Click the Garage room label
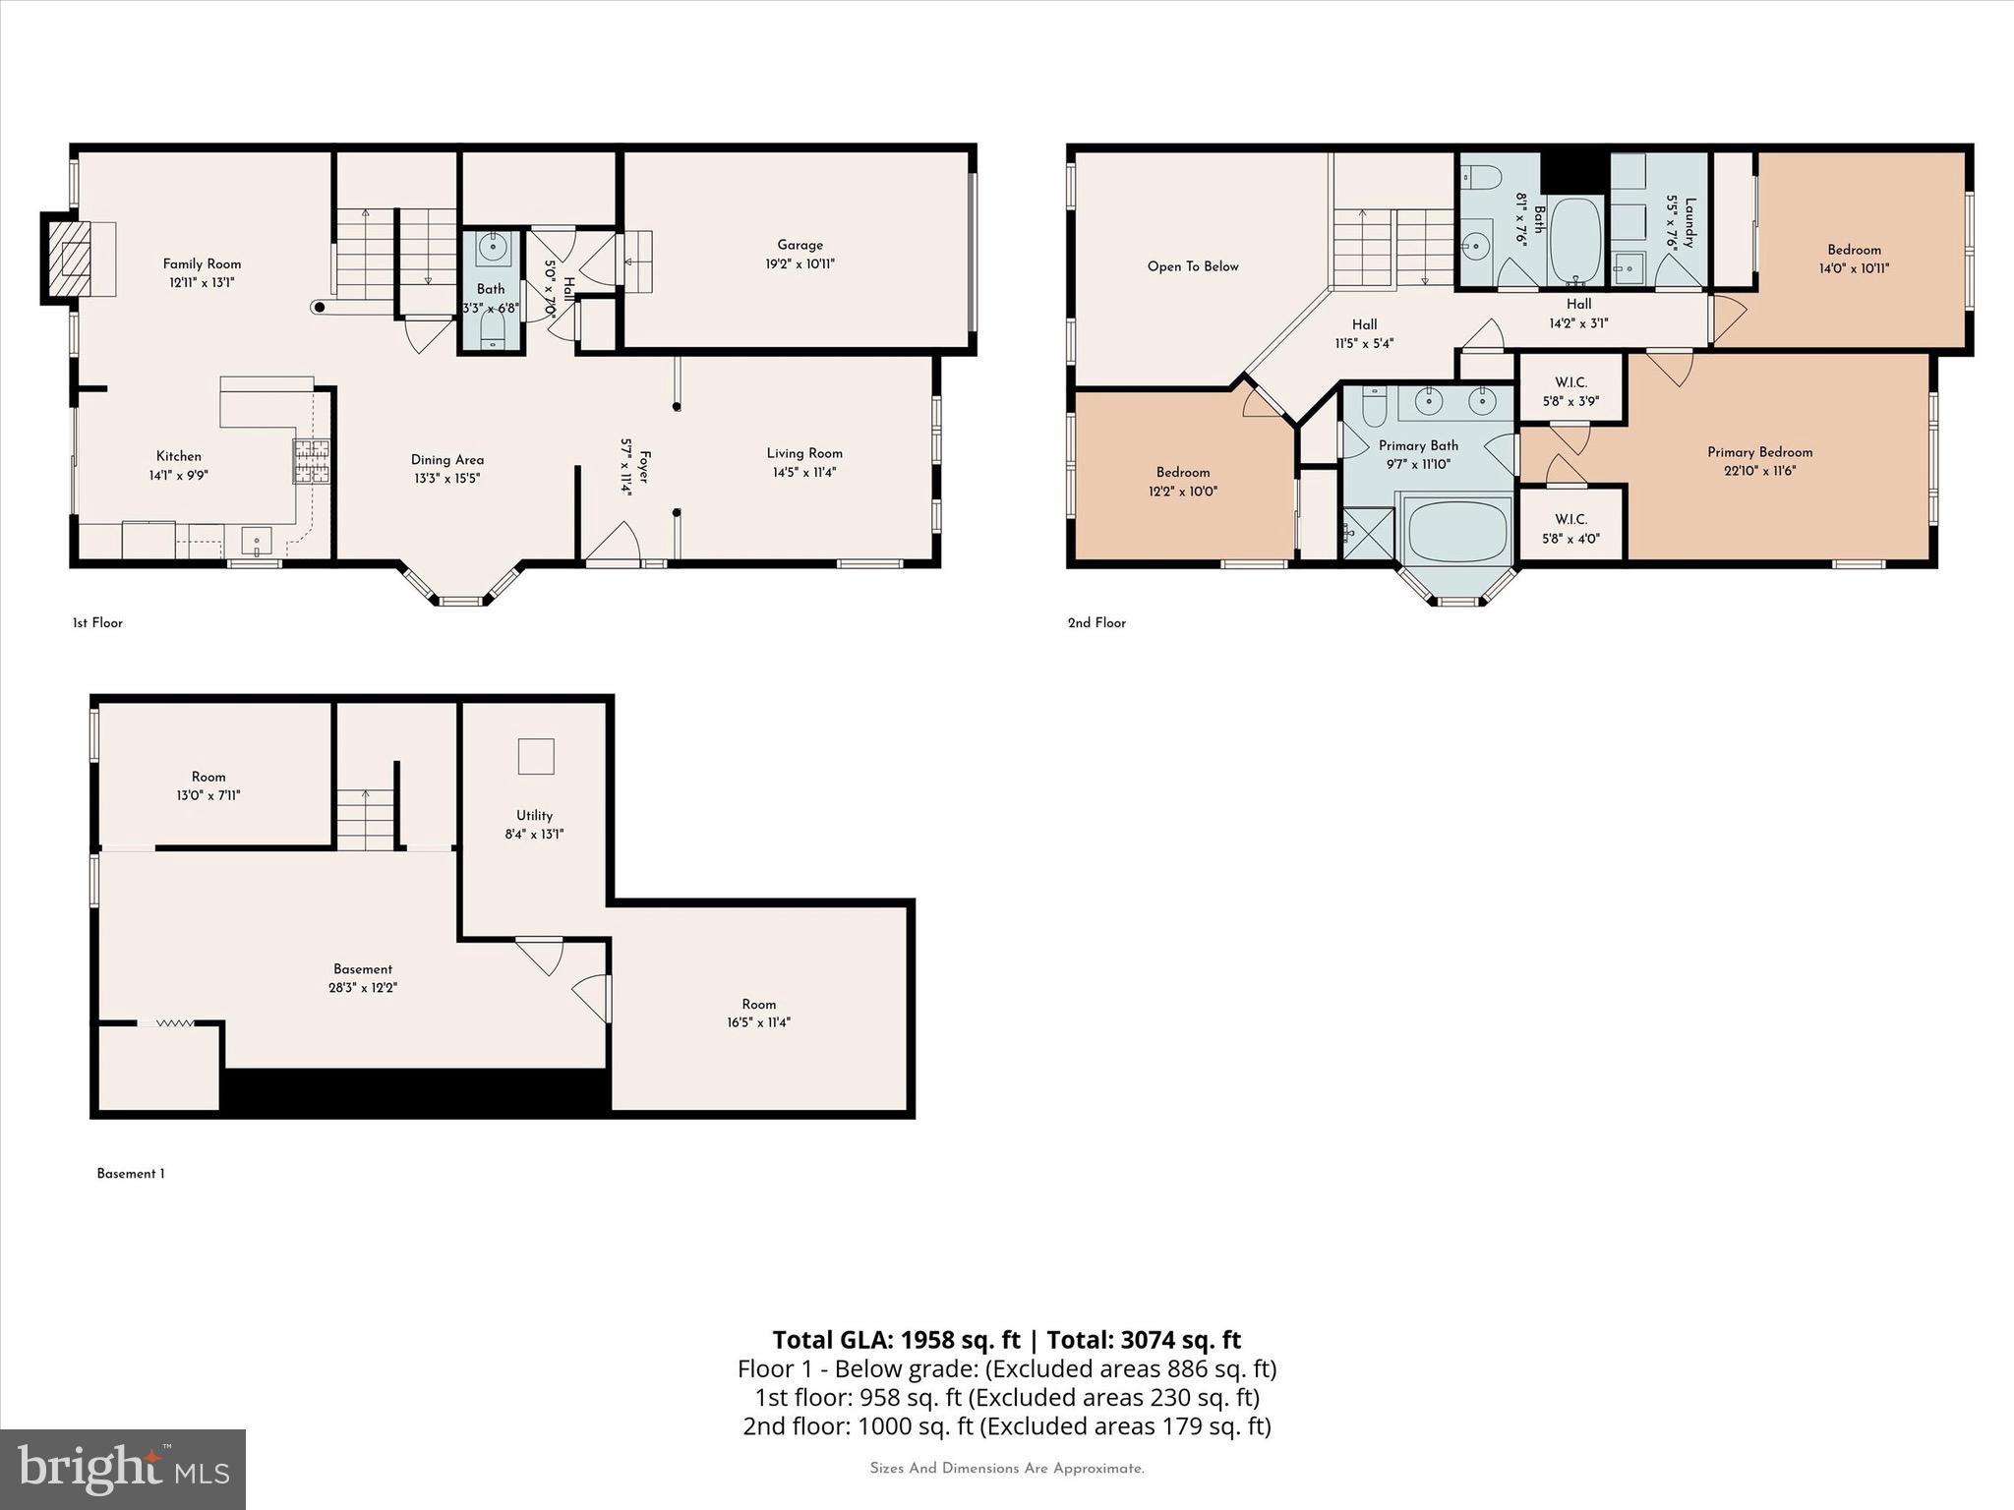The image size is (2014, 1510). (x=800, y=246)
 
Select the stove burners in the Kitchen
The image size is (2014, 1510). (x=312, y=462)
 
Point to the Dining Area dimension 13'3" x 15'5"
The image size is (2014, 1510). (x=446, y=479)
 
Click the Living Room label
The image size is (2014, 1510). (x=804, y=453)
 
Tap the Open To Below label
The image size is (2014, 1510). (x=1192, y=266)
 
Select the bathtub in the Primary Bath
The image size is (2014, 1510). (x=1457, y=531)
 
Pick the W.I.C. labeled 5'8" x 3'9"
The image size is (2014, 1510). (x=1570, y=391)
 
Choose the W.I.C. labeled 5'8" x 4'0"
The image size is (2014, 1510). (x=1570, y=528)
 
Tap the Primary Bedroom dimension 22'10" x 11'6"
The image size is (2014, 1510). (x=1759, y=471)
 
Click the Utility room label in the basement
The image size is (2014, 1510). (x=534, y=815)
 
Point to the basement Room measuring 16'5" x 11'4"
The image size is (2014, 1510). (x=758, y=1013)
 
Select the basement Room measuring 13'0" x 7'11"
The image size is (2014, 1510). (x=208, y=785)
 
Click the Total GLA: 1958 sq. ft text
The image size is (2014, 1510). (x=896, y=1340)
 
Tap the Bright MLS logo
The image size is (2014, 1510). (x=123, y=1469)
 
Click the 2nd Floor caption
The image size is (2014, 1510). (x=1096, y=622)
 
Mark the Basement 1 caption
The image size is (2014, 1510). (x=131, y=1174)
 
